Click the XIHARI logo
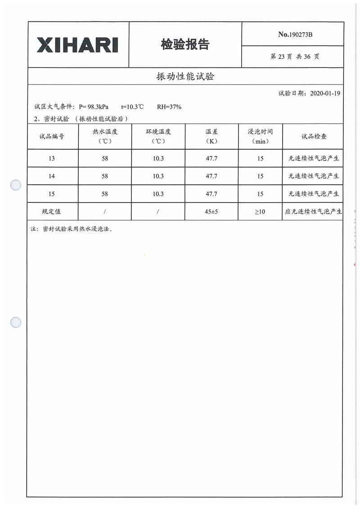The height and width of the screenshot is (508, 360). [x=78, y=45]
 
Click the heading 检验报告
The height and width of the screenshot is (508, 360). [x=185, y=45]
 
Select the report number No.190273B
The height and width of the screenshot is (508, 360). [x=295, y=34]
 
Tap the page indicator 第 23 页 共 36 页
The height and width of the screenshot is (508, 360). [x=295, y=57]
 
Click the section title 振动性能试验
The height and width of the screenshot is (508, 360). [x=185, y=76]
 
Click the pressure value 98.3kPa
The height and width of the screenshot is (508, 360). [x=98, y=107]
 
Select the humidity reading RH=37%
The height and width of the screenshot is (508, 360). [x=169, y=107]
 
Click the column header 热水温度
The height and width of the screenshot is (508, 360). [x=104, y=132]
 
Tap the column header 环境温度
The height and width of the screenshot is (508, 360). [x=158, y=132]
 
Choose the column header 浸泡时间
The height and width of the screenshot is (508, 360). [x=260, y=132]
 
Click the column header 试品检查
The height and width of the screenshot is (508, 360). [x=314, y=136]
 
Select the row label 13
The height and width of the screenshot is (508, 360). [x=52, y=159]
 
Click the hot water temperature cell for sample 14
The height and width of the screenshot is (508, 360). [x=105, y=176]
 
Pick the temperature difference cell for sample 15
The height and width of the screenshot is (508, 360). [x=211, y=194]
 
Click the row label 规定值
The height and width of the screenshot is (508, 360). [x=52, y=211]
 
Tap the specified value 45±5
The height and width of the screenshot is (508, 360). [x=211, y=211]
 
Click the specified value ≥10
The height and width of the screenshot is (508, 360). [x=260, y=211]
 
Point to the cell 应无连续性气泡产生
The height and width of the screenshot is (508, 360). [x=314, y=211]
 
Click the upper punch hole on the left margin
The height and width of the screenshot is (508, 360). [x=16, y=185]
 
